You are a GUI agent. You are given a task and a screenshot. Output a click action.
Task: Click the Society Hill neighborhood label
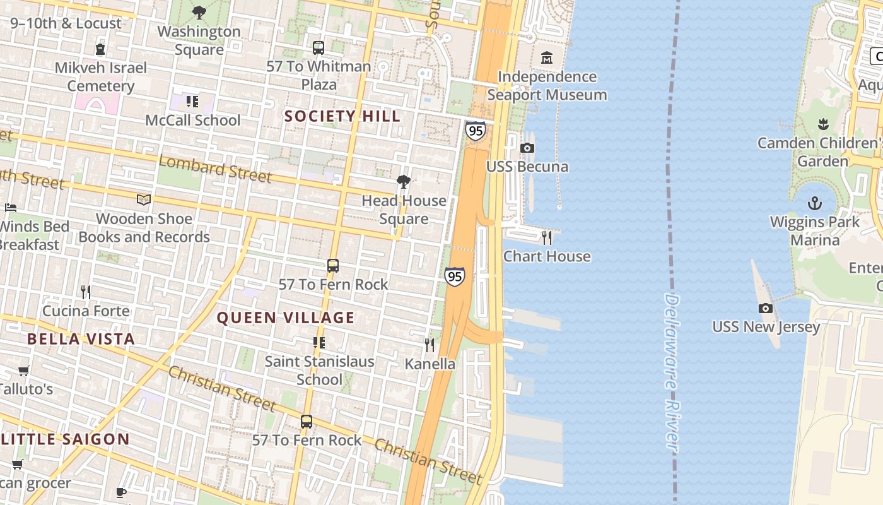pyautogui.click(x=342, y=116)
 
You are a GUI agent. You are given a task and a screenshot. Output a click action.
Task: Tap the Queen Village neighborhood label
pyautogui.click(x=286, y=318)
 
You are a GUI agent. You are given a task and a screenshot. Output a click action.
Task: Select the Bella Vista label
pyautogui.click(x=81, y=339)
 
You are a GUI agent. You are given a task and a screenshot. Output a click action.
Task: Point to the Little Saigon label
pyautogui.click(x=65, y=439)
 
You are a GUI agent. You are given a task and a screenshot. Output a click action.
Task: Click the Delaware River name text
pyautogui.click(x=672, y=372)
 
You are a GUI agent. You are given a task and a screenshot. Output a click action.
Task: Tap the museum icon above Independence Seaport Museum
pyautogui.click(x=546, y=58)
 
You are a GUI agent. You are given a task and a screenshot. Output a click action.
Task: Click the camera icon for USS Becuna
pyautogui.click(x=527, y=148)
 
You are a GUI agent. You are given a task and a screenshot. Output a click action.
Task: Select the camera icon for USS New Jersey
pyautogui.click(x=766, y=308)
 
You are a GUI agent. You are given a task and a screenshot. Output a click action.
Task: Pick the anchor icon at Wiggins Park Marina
pyautogui.click(x=815, y=203)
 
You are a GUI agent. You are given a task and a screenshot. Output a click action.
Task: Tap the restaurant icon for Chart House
pyautogui.click(x=547, y=238)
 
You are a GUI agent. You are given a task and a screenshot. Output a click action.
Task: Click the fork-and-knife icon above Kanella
pyautogui.click(x=430, y=345)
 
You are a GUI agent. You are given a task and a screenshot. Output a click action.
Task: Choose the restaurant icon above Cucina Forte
pyautogui.click(x=86, y=292)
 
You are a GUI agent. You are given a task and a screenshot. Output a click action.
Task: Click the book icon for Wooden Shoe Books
pyautogui.click(x=144, y=200)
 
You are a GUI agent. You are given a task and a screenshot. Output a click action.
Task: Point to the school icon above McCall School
pyautogui.click(x=192, y=101)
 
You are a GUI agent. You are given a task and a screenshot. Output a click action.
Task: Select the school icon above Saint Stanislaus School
pyautogui.click(x=319, y=343)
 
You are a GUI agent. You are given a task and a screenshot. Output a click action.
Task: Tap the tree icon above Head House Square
pyautogui.click(x=404, y=182)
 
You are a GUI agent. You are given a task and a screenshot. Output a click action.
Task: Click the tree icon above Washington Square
pyautogui.click(x=199, y=12)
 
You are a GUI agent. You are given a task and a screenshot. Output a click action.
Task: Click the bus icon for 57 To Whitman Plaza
pyautogui.click(x=319, y=47)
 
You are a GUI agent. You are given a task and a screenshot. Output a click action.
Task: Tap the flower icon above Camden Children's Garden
pyautogui.click(x=822, y=124)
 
